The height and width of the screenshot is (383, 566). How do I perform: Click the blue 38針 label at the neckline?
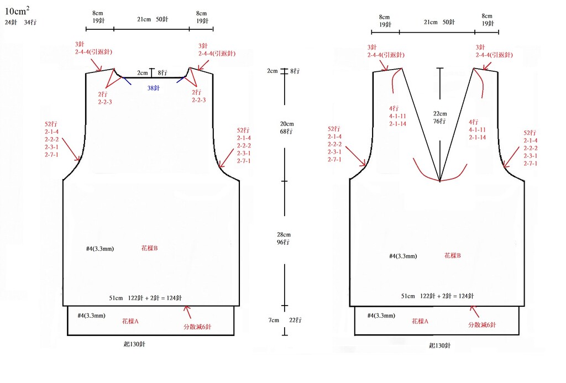click(154, 88)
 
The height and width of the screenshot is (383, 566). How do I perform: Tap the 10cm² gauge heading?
click(17, 11)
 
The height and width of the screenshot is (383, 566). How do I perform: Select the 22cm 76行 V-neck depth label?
click(439, 117)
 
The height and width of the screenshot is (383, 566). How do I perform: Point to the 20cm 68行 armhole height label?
click(287, 128)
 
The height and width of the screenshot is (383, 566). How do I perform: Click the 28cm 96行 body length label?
click(284, 238)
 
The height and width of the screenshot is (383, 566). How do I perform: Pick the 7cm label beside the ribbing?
click(274, 320)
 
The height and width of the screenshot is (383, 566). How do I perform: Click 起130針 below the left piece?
click(134, 344)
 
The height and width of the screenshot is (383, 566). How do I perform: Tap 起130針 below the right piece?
click(439, 345)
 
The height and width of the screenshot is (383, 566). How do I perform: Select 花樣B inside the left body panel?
click(149, 248)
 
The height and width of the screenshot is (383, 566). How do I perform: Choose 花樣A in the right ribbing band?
click(420, 321)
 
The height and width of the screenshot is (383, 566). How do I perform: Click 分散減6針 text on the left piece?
click(197, 327)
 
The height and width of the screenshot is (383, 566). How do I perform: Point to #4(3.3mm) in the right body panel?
click(403, 256)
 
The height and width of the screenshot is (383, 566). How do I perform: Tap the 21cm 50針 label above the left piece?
click(153, 19)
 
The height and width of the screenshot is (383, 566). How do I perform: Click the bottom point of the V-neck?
click(440, 181)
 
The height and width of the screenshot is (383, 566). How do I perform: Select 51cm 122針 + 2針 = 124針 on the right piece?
click(438, 296)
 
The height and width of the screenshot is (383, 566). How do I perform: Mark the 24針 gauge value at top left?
click(11, 22)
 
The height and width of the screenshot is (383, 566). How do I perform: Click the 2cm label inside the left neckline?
click(142, 73)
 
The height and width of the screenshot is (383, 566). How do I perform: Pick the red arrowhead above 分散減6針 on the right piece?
click(473, 308)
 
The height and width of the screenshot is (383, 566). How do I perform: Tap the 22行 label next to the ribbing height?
click(295, 320)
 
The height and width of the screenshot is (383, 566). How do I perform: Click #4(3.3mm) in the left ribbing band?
click(91, 316)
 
